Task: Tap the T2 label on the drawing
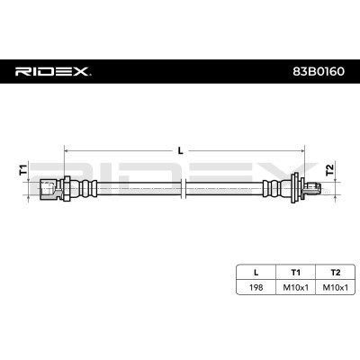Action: pyautogui.click(x=329, y=169)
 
